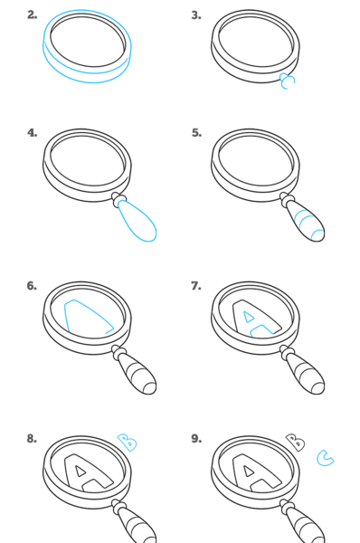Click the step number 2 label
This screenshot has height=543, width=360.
pos(32,14)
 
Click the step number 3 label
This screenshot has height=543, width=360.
pos(196,14)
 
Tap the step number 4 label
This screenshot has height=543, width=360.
pos(33,133)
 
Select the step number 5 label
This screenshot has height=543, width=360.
pos(196,133)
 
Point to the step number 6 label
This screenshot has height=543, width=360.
pos(32,286)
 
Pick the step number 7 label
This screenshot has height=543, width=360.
pos(196,286)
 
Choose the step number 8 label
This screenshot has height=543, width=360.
pos(32,438)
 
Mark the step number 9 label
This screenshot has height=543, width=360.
pos(196,438)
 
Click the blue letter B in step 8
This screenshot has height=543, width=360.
pos(127,443)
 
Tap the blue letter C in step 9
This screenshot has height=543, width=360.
pos(325,458)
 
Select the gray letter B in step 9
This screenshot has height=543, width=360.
pos(295,443)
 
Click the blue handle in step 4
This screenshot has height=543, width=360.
pos(137,221)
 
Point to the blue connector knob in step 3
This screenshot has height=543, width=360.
pos(288,81)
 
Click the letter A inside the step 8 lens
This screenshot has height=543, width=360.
pos(89,473)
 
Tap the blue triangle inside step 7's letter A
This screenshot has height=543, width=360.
pos(249,317)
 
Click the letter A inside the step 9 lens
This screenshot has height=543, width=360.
pos(257,473)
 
